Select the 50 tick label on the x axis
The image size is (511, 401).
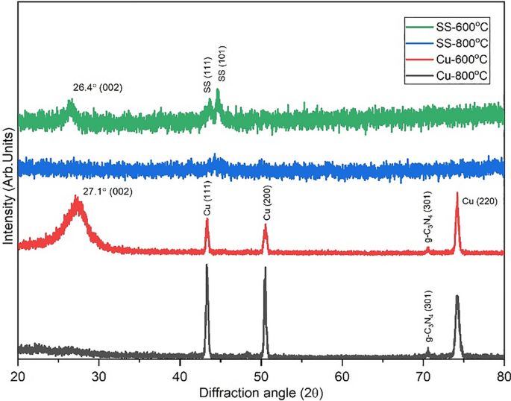click(x=261, y=372)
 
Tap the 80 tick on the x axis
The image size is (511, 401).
click(x=504, y=361)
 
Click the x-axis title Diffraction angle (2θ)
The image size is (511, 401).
click(x=261, y=389)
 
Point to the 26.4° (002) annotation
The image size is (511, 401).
click(x=92, y=87)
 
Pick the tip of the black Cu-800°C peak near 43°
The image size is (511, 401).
click(x=207, y=265)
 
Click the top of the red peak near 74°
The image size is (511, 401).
click(x=457, y=193)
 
